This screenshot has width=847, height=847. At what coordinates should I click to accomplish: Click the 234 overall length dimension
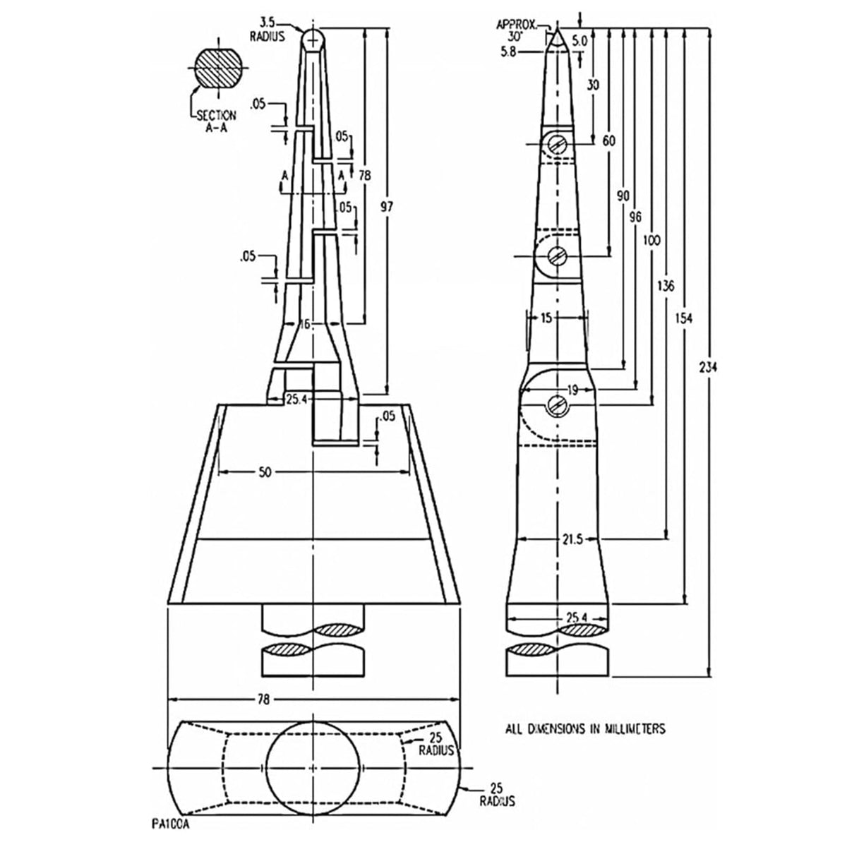pyautogui.click(x=708, y=367)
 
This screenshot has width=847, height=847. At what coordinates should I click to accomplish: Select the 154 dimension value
pyautogui.click(x=683, y=318)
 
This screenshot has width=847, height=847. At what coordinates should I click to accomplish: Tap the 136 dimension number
pyautogui.click(x=666, y=286)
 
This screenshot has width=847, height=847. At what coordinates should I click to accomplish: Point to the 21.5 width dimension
pyautogui.click(x=572, y=539)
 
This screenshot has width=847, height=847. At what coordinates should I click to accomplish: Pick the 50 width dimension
pyautogui.click(x=265, y=472)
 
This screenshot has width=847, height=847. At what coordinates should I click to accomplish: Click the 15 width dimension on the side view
pyautogui.click(x=546, y=318)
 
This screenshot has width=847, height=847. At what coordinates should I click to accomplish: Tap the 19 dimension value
pyautogui.click(x=572, y=390)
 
